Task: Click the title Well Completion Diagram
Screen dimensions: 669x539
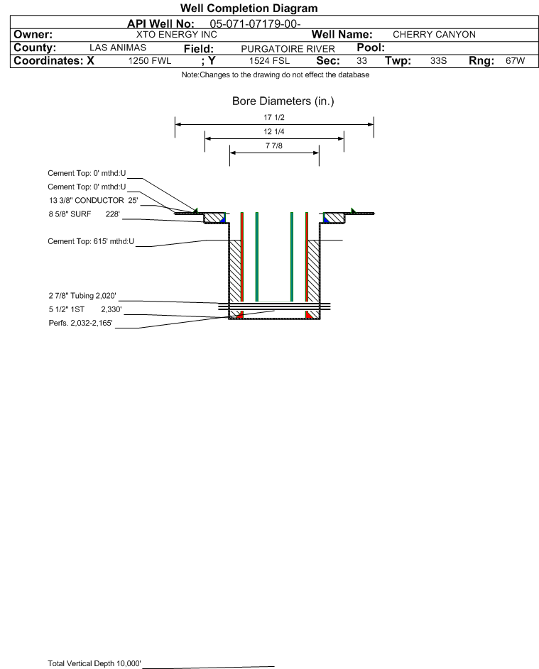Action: click(x=249, y=9)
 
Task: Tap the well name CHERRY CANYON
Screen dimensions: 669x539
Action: click(x=429, y=35)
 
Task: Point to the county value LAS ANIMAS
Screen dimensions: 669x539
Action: click(x=118, y=48)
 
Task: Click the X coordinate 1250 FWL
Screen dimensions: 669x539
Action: click(x=150, y=62)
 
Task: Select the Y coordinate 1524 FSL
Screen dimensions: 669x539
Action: click(x=270, y=62)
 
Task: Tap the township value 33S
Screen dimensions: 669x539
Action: click(x=438, y=62)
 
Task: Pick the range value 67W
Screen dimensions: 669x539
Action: click(x=515, y=62)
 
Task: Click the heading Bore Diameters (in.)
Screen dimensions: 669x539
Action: click(x=283, y=101)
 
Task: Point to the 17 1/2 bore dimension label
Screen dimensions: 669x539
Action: click(x=274, y=118)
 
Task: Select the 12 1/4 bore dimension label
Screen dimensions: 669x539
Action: click(x=274, y=132)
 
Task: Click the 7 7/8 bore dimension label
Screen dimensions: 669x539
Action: click(x=274, y=146)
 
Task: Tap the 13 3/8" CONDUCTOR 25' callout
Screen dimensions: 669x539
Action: click(x=88, y=200)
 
